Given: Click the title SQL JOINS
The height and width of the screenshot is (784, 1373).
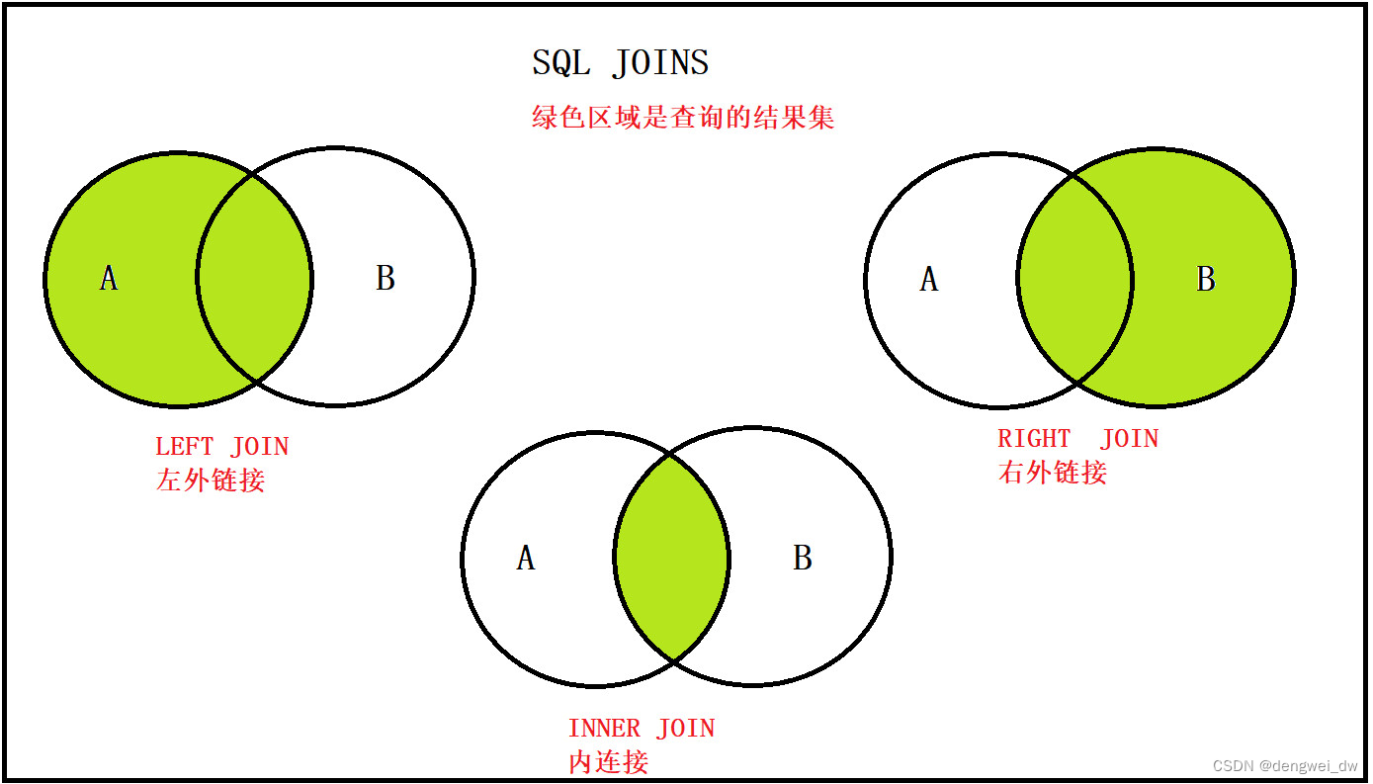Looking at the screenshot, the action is [621, 63].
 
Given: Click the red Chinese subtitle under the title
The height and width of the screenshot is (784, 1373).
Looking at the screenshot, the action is [683, 118].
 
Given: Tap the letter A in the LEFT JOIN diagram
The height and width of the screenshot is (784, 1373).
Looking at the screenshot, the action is [109, 279].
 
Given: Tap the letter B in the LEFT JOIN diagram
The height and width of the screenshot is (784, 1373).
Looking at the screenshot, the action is [386, 279].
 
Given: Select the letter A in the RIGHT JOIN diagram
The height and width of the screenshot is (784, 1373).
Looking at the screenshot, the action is [928, 280].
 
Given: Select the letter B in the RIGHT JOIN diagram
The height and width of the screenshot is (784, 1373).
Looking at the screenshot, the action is [1206, 280].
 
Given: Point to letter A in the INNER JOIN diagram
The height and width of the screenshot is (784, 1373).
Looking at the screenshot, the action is [526, 559].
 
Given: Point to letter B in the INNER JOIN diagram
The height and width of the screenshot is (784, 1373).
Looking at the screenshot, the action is [803, 559].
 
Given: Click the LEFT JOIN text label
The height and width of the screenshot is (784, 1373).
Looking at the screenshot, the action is [222, 447].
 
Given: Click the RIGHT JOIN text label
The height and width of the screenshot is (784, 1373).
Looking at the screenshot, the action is [1077, 439].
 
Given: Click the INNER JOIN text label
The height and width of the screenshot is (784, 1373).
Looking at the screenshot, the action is [641, 730].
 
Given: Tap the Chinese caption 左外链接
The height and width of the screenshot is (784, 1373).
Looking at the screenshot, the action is [211, 480].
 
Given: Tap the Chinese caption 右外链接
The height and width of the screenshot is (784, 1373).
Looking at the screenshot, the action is [1053, 473].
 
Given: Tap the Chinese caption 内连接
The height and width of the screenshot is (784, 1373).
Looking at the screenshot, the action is [609, 762].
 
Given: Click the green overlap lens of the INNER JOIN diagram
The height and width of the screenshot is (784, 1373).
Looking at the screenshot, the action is [672, 558].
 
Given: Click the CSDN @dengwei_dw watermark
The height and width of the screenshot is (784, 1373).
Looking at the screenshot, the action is [1285, 766].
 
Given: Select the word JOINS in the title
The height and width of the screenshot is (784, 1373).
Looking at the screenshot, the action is [660, 63].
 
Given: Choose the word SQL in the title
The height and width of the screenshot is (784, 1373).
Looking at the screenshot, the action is [561, 63].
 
